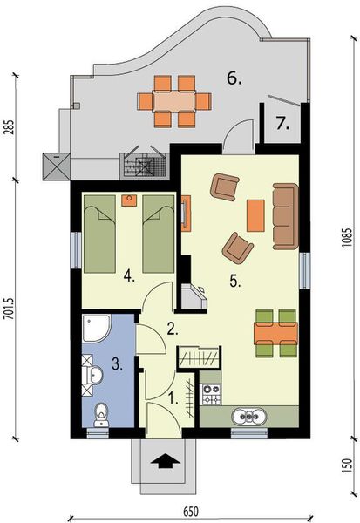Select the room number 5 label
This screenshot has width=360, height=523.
(x=234, y=281)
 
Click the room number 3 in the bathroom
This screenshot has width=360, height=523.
(x=116, y=367)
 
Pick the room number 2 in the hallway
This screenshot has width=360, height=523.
(x=173, y=329)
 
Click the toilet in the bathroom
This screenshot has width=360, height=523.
(x=100, y=411)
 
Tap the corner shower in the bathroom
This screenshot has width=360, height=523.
(x=95, y=329)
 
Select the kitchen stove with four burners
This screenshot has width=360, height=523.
(x=211, y=391)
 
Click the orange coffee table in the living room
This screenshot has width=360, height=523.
(x=255, y=216)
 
